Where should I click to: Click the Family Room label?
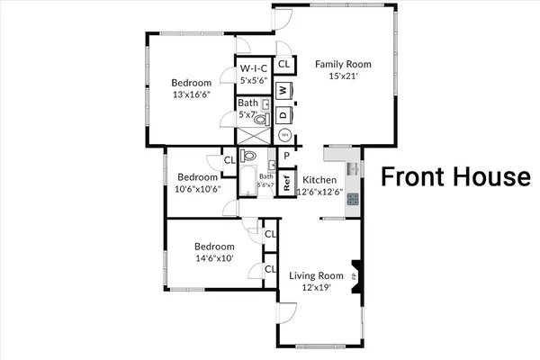pos(342,64)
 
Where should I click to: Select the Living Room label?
pos(316,275)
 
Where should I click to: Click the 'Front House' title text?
pos(454,176)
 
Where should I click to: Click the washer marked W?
pos(283,91)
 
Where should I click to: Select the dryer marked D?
pos(283,114)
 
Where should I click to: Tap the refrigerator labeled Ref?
pos(286,182)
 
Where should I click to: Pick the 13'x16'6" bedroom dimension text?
pos(193,94)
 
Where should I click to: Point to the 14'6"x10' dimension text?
pos(215,257)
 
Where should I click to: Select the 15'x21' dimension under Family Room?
pos(342,76)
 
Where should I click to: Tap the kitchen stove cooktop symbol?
pos(352,198)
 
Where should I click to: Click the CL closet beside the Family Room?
pos(283,64)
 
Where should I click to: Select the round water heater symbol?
pos(284,136)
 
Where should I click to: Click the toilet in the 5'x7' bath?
pos(261,118)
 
